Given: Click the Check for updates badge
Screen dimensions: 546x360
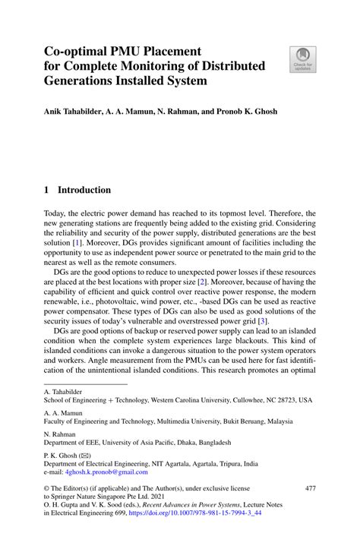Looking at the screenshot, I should click(x=302, y=60).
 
